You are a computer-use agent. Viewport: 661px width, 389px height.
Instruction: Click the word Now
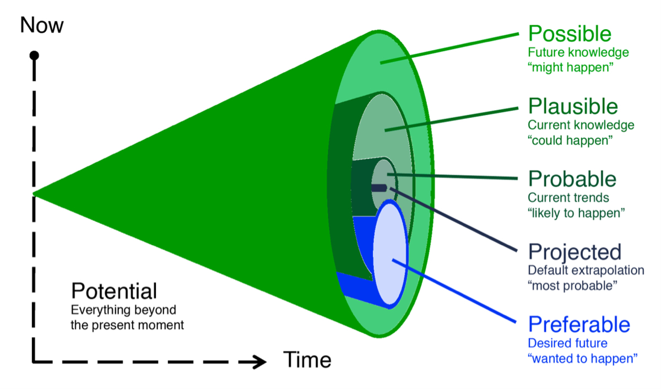(x=42, y=25)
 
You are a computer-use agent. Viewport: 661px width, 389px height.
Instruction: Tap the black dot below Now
(x=35, y=55)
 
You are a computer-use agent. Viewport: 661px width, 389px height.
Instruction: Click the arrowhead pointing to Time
(x=258, y=362)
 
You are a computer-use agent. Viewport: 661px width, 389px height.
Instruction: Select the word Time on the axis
(x=307, y=360)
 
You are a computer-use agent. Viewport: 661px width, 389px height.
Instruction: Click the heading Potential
(x=114, y=291)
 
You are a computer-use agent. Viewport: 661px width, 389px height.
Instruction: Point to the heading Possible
(x=570, y=34)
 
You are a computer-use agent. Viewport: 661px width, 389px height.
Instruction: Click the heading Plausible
(x=573, y=106)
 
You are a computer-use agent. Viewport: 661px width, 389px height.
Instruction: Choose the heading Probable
(x=572, y=179)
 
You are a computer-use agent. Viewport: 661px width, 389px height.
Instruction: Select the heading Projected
(x=575, y=252)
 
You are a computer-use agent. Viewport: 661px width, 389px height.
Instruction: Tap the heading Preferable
(x=578, y=324)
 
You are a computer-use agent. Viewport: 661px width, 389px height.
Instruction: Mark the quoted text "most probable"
(x=572, y=285)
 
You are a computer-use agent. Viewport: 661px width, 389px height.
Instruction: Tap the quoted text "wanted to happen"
(x=582, y=358)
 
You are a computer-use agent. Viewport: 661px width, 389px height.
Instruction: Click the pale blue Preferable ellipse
(x=391, y=253)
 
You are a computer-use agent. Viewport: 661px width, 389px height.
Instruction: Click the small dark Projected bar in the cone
(x=378, y=187)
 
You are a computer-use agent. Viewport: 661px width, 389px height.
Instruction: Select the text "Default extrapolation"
(x=586, y=271)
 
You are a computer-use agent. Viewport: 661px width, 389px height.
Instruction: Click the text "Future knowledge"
(x=578, y=53)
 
